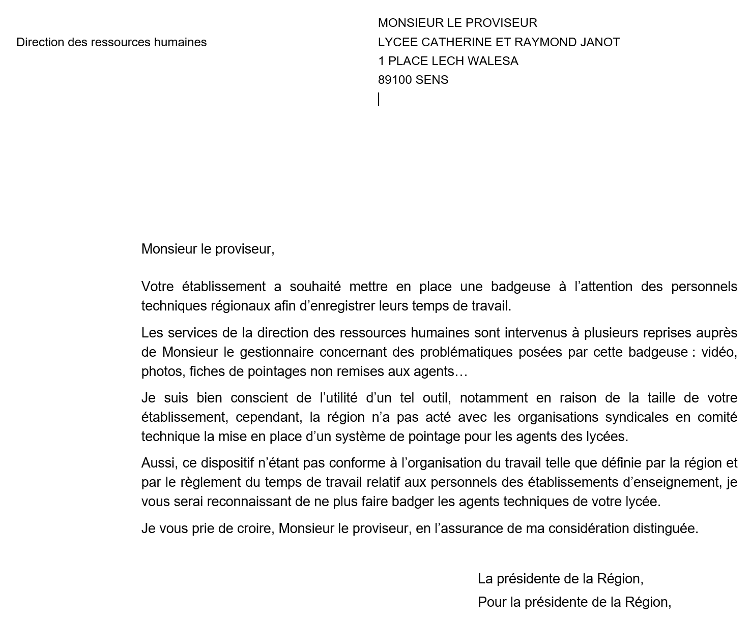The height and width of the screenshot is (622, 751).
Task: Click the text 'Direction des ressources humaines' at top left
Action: point(111,42)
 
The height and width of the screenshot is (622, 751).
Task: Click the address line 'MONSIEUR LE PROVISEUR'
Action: point(457,23)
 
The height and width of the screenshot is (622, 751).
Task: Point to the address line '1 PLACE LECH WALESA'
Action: point(448,61)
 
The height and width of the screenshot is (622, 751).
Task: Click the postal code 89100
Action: point(395,80)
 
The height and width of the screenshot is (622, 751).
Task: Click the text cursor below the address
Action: point(379,99)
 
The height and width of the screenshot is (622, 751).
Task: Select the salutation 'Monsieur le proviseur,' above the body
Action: point(208,249)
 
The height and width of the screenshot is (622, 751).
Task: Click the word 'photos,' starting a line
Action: point(162,371)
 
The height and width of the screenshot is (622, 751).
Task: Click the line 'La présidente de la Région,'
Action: point(560,579)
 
